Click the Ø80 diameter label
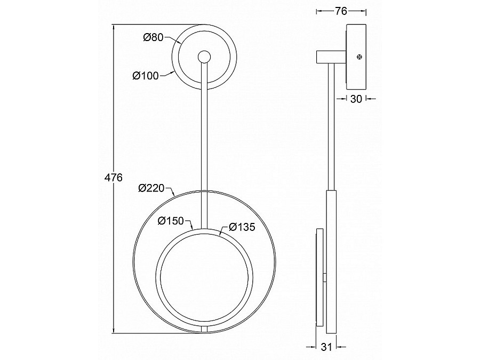(154, 37)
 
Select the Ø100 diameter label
(146, 75)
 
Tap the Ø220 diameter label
(151, 188)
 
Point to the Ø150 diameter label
(171, 221)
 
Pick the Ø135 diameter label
(242, 227)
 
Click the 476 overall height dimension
(113, 178)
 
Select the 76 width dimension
(341, 11)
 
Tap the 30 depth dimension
(356, 99)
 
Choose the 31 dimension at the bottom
(326, 347)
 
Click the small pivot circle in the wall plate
(204, 57)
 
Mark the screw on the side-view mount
(359, 57)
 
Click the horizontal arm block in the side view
(331, 57)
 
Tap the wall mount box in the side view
(356, 57)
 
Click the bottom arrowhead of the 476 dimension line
(114, 330)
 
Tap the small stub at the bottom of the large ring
(204, 329)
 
